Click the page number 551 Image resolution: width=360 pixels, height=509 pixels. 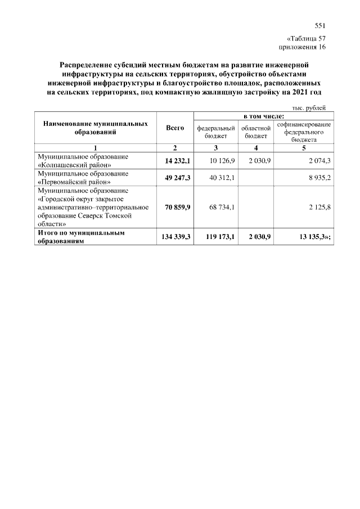(x=320, y=25)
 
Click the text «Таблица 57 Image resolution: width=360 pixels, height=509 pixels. (x=306, y=39)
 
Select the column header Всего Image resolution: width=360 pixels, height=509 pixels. (x=175, y=128)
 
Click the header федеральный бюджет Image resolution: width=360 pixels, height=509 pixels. (x=215, y=132)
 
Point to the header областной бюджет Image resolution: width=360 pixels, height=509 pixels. (x=256, y=132)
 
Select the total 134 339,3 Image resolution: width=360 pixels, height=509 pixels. (x=175, y=237)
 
